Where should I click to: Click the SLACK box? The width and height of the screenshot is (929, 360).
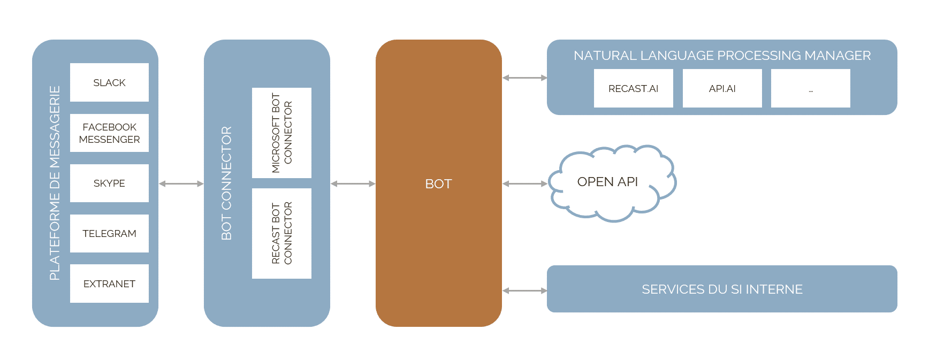pos(109,82)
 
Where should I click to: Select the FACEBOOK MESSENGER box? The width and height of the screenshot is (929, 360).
pos(109,133)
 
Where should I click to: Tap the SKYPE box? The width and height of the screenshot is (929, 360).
pos(109,183)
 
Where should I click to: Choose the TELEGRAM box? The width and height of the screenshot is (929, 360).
pos(109,233)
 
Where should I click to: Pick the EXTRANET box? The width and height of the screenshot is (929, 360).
pos(109,284)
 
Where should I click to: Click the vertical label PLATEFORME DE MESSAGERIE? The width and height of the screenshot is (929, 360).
pos(55,183)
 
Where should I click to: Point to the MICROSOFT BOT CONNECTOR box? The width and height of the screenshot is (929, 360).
pos(281,133)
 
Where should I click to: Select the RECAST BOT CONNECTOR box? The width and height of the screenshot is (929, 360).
pos(281,233)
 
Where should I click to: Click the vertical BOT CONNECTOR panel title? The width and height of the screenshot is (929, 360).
pos(226,183)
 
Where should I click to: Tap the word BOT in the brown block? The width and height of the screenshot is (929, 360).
pos(438,183)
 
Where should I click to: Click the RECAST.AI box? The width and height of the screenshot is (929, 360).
pos(633,88)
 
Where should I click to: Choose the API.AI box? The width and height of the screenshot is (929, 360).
pos(722,88)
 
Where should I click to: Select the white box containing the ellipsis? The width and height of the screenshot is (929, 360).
pos(810,88)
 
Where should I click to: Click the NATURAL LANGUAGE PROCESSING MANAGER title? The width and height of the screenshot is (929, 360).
pos(722,55)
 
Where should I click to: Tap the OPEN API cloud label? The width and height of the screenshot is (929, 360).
pos(607,182)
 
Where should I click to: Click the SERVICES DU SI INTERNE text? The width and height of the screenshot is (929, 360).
pos(722,289)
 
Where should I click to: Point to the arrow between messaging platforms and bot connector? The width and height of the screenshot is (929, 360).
pos(181,183)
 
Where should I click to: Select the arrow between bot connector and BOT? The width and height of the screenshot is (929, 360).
pos(353,183)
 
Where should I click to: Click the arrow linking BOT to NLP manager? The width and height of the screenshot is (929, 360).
pos(524,78)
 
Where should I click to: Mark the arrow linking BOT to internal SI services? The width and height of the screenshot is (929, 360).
pos(524,290)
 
